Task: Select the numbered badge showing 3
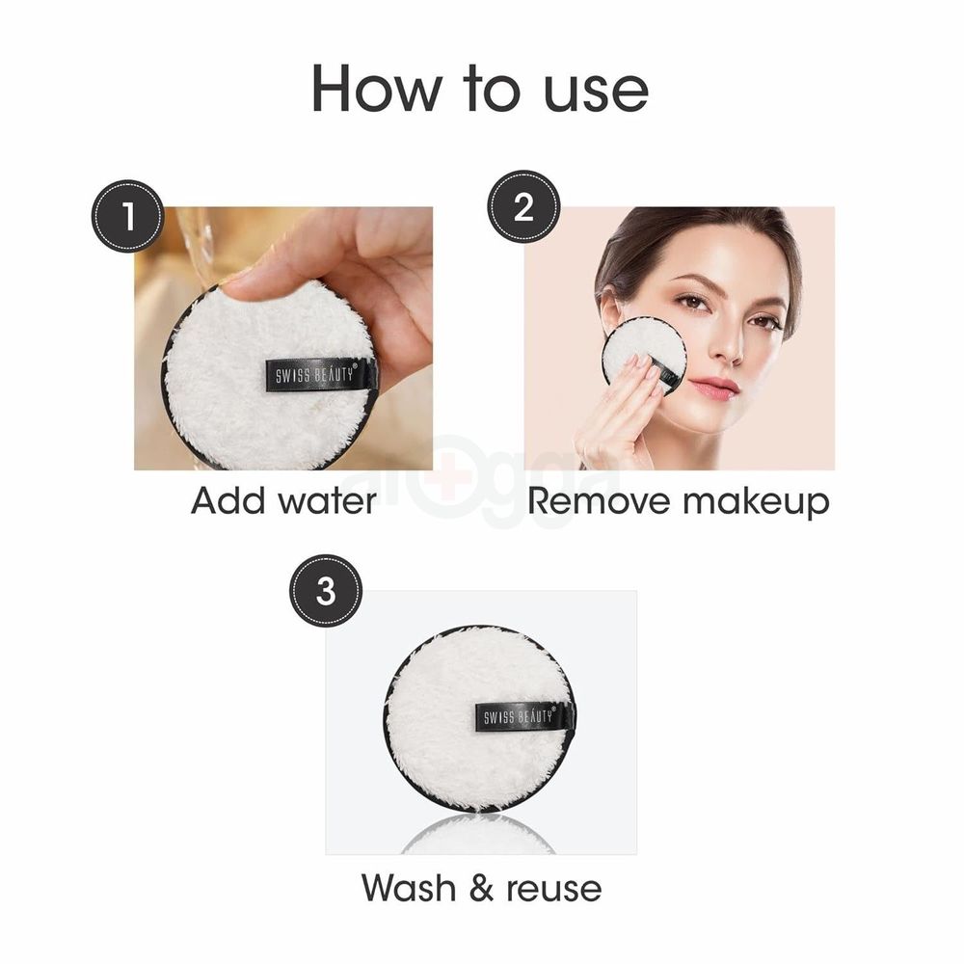pos(326,590)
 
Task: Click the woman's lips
pos(715,387)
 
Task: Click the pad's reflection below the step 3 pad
pos(479,837)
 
